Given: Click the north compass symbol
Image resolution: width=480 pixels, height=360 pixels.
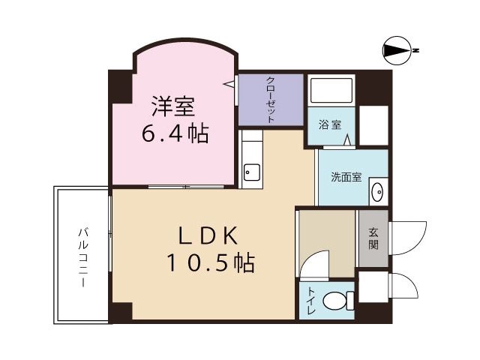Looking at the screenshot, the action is coord(397,50).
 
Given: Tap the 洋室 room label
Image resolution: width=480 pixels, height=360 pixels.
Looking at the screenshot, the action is coord(173,106).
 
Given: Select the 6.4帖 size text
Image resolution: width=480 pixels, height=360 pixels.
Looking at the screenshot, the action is coord(175,133).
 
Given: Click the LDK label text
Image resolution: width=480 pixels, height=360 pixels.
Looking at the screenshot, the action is coord(208,235).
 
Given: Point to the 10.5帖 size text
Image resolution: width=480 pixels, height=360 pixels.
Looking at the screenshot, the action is coord(211,262).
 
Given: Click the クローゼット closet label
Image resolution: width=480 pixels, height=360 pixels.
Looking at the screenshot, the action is coord(270,100).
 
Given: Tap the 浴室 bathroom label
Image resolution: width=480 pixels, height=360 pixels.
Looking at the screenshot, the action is coord(330,124).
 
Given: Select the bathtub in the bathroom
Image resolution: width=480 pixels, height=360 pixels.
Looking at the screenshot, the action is coord(331,90).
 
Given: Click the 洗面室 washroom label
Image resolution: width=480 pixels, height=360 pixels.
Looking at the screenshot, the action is coord(346,177).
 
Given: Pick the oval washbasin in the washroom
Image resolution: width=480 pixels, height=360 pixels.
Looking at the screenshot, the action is coord(377,192).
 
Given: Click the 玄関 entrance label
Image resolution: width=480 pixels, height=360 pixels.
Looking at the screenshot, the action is coord(373,238).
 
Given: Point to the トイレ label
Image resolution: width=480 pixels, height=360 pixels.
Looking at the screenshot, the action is coord(311,300).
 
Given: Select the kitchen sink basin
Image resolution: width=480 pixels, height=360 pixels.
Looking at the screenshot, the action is coord(252,172).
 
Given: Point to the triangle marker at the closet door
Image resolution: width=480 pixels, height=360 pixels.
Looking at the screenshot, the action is coord(229,83).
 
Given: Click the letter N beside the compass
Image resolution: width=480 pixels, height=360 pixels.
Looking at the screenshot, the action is coord(416,50).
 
